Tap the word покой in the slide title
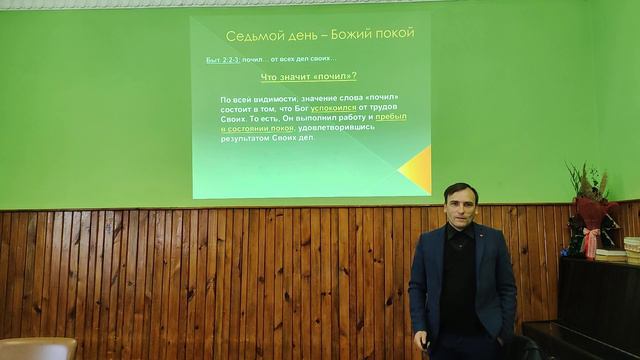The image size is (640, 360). click(x=390, y=38)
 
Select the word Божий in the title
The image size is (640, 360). click(x=343, y=38)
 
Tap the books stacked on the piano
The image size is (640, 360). click(x=611, y=255)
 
